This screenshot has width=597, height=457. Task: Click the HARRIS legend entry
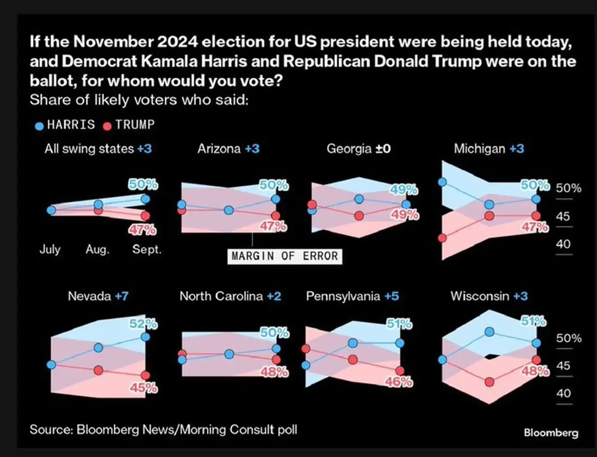click(x=66, y=124)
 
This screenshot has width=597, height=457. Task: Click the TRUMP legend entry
click(x=128, y=124)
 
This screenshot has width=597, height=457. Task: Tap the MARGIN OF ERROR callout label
click(x=285, y=256)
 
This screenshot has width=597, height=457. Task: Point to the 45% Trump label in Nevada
click(x=145, y=388)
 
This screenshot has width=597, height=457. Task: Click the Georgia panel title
click(x=358, y=148)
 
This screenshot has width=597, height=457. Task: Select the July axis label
click(x=50, y=250)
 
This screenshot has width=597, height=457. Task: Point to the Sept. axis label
click(x=147, y=250)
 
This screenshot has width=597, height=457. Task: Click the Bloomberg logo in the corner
click(x=551, y=433)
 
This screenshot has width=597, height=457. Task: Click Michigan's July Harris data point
click(x=442, y=183)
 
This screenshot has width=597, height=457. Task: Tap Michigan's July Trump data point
click(x=442, y=238)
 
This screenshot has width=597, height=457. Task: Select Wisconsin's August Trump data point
click(x=490, y=382)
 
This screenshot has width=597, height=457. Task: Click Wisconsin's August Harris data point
click(x=490, y=332)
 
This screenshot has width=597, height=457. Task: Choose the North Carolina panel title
click(x=230, y=296)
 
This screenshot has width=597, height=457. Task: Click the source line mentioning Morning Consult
click(x=163, y=429)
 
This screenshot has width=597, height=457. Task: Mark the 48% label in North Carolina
click(x=276, y=372)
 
